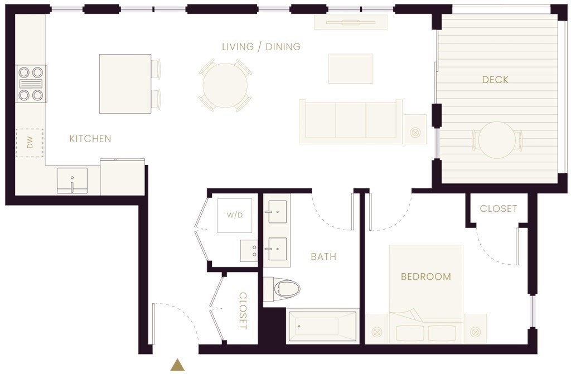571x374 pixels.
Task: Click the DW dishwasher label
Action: click(x=30, y=142)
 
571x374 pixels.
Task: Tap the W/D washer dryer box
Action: click(x=235, y=215)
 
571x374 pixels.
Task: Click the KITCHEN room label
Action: click(x=90, y=139)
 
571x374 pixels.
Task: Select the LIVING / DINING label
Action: click(x=262, y=47)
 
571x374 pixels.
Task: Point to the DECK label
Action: click(x=495, y=79)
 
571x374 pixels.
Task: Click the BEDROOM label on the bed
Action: click(x=425, y=276)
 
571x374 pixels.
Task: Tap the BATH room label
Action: click(x=323, y=257)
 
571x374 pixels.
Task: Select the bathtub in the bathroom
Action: click(x=322, y=326)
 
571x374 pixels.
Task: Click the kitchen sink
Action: click(x=72, y=181)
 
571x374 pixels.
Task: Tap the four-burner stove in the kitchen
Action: click(x=31, y=84)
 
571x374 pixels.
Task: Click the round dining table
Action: click(x=225, y=85)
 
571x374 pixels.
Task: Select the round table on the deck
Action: click(x=497, y=140)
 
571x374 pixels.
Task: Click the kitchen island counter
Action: click(x=125, y=84)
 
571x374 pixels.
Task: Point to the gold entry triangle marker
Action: click(x=177, y=365)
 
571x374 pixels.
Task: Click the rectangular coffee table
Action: click(x=351, y=69)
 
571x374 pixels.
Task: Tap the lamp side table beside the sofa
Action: click(x=415, y=129)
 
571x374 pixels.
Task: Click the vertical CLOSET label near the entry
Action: click(x=243, y=310)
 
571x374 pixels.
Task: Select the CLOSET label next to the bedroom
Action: click(x=498, y=208)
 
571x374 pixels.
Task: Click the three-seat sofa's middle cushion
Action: click(x=350, y=120)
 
